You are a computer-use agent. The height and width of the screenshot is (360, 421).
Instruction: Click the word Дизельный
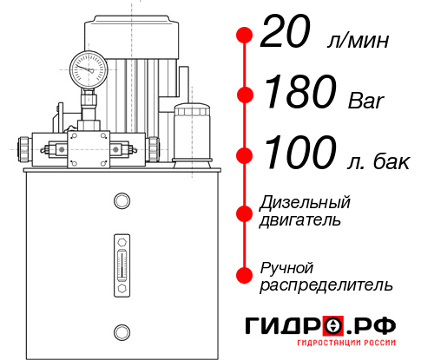[306, 202]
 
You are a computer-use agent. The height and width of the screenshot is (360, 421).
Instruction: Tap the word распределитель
[326, 284]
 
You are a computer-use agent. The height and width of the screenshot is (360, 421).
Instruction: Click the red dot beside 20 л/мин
[245, 36]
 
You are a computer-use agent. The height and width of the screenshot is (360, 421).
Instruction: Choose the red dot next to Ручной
[245, 274]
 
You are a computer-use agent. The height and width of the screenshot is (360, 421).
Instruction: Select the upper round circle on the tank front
[122, 202]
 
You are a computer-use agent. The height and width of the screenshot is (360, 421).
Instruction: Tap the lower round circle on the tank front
[122, 331]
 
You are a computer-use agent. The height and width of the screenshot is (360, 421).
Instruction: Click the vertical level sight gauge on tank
[122, 261]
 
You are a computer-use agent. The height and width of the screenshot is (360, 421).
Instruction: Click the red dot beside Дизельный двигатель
[245, 212]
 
